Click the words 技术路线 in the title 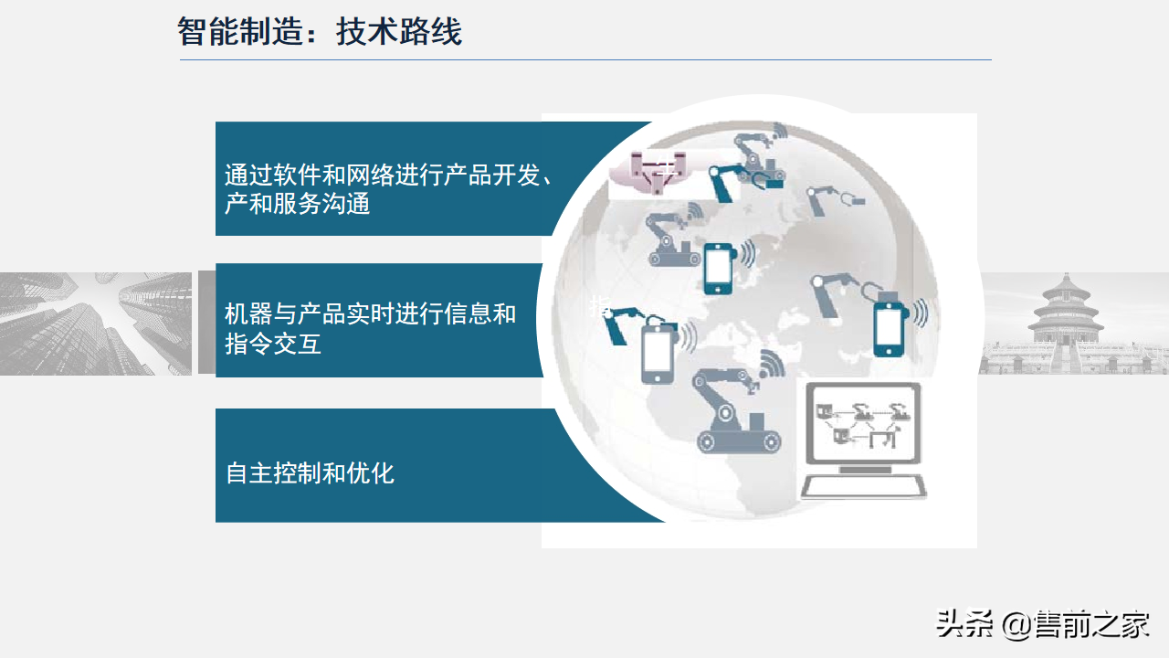click(399, 32)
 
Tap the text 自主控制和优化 click(310, 473)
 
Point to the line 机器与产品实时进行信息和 click(370, 314)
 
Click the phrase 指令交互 click(272, 345)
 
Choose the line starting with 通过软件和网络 click(388, 175)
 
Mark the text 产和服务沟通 click(297, 203)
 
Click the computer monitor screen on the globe click(862, 424)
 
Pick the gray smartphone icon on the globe click(658, 352)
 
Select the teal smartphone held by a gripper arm click(887, 327)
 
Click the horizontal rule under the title click(584, 60)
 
